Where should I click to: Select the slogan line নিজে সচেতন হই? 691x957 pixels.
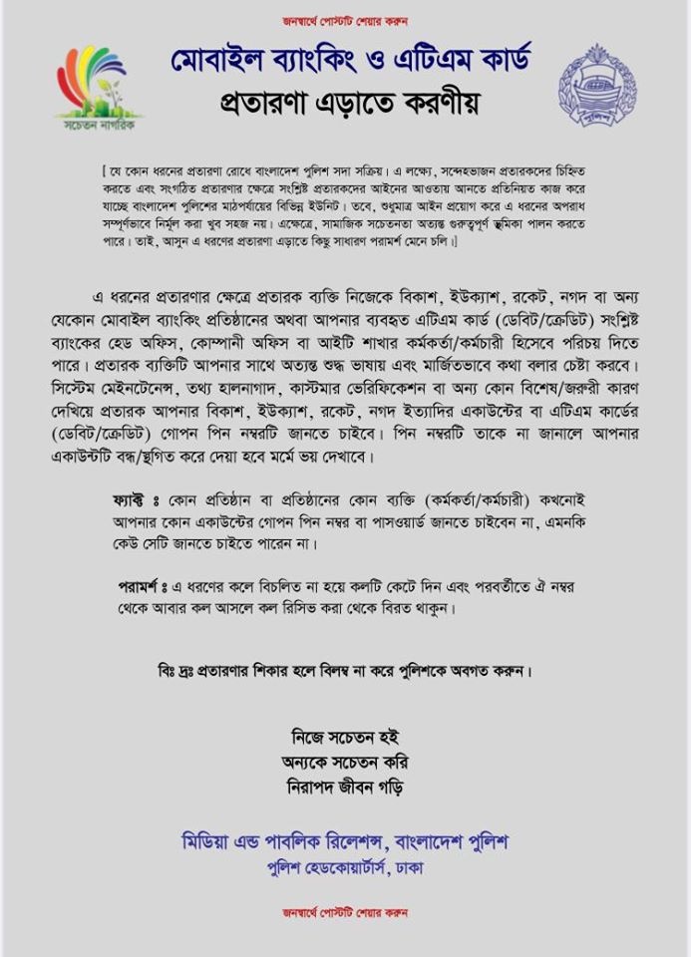(345, 739)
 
